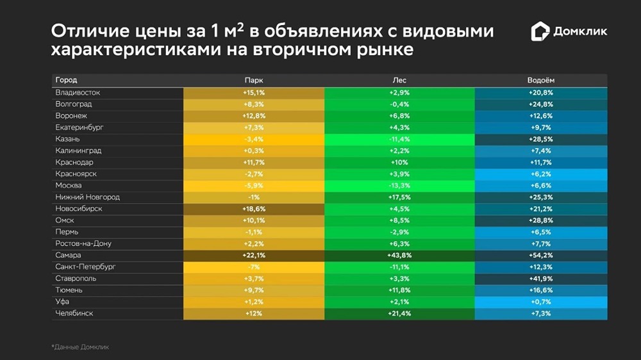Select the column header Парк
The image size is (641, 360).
pos(254,81)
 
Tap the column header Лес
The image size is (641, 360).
pos(399,81)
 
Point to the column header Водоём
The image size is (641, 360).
pos(541,81)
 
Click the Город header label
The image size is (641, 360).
pos(66,81)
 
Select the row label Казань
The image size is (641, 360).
pos(69,139)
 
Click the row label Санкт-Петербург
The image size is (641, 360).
pos(85,266)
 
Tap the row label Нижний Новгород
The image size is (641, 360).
pos(87,197)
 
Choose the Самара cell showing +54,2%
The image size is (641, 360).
pos(541,255)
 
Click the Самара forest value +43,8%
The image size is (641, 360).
pos(399,255)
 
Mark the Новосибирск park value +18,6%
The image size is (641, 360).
pos(254,209)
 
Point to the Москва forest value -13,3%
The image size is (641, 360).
pos(399,186)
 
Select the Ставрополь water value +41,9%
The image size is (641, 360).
pos(541,279)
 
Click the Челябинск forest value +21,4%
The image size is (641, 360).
pos(399,313)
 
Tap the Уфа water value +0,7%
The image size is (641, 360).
pos(541,302)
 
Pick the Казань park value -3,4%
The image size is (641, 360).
pos(254,139)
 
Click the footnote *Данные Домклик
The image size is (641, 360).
pos(80,347)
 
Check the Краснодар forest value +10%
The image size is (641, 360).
pos(399,163)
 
